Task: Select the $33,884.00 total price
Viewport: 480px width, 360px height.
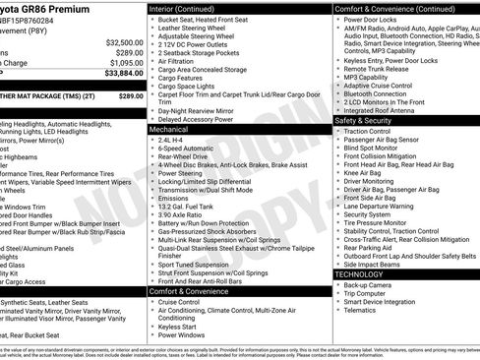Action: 122,73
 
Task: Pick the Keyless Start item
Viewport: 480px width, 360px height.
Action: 177,327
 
